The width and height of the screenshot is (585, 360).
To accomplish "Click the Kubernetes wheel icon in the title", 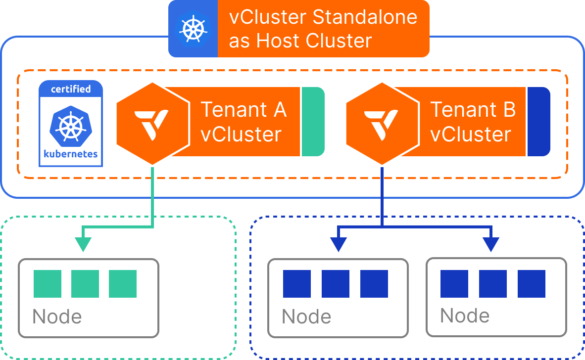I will tap(193, 28).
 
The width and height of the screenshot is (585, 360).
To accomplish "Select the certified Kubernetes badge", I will tap(71, 124).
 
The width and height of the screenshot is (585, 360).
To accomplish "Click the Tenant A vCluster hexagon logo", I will tap(152, 123).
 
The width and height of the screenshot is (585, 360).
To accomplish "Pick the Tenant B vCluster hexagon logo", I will tap(382, 123).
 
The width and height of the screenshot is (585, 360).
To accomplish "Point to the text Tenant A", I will tap(244, 109).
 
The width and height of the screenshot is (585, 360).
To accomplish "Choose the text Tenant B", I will tap(473, 109).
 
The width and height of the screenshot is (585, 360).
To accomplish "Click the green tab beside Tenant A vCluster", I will tap(313, 122).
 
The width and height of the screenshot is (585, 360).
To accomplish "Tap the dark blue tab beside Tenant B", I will tap(538, 122).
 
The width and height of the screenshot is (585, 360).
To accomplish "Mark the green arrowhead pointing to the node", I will tap(83, 244).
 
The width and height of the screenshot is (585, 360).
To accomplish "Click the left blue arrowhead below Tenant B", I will tap(338, 244).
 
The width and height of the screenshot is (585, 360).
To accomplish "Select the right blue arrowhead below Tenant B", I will tap(491, 244).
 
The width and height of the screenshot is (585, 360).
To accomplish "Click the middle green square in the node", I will tap(85, 284).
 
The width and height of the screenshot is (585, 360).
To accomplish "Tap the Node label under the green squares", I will tap(57, 316).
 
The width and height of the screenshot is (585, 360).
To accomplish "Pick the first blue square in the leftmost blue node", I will tap(297, 284).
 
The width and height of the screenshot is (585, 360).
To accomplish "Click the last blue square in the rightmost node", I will tap(532, 284).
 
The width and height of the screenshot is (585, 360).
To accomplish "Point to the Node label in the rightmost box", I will tap(465, 315).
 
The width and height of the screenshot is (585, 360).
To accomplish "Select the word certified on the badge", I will tap(71, 89).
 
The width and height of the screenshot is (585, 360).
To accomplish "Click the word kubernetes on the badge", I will tap(71, 153).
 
